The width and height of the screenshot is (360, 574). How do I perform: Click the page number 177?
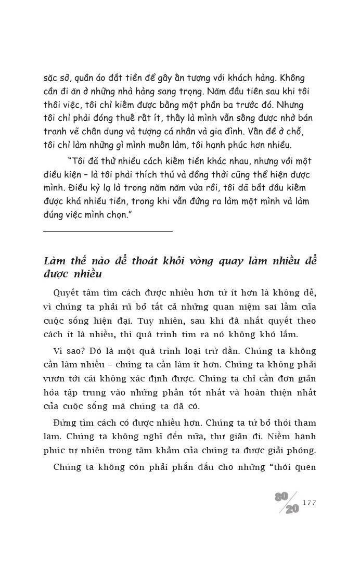coord(309,503)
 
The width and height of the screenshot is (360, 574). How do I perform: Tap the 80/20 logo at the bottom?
coord(288,503)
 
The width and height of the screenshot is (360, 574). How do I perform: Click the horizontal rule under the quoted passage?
coord(108,231)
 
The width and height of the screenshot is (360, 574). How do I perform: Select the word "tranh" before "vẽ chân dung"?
coord(55,132)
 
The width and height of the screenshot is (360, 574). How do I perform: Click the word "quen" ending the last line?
coord(304,467)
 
